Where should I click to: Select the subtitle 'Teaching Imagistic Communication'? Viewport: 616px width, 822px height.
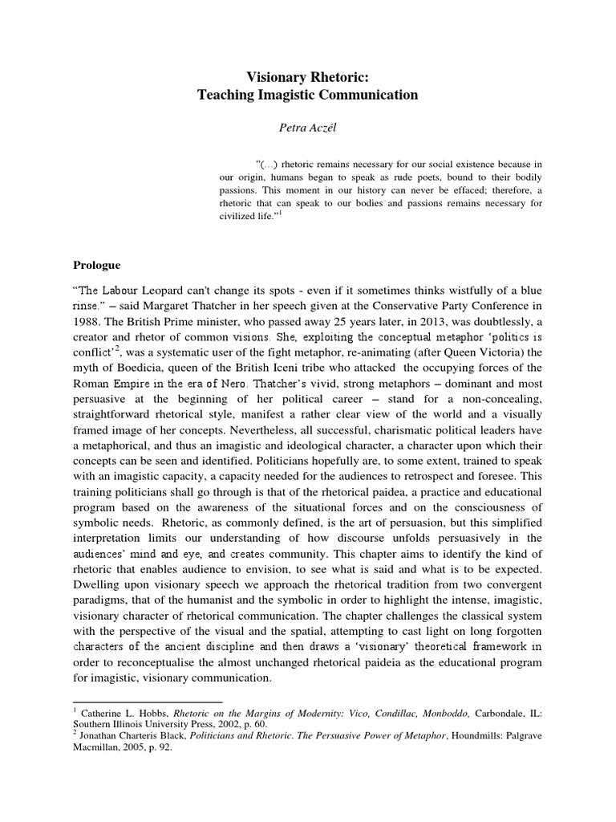coord(308,95)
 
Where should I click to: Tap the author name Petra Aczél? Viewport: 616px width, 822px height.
coord(307,125)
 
